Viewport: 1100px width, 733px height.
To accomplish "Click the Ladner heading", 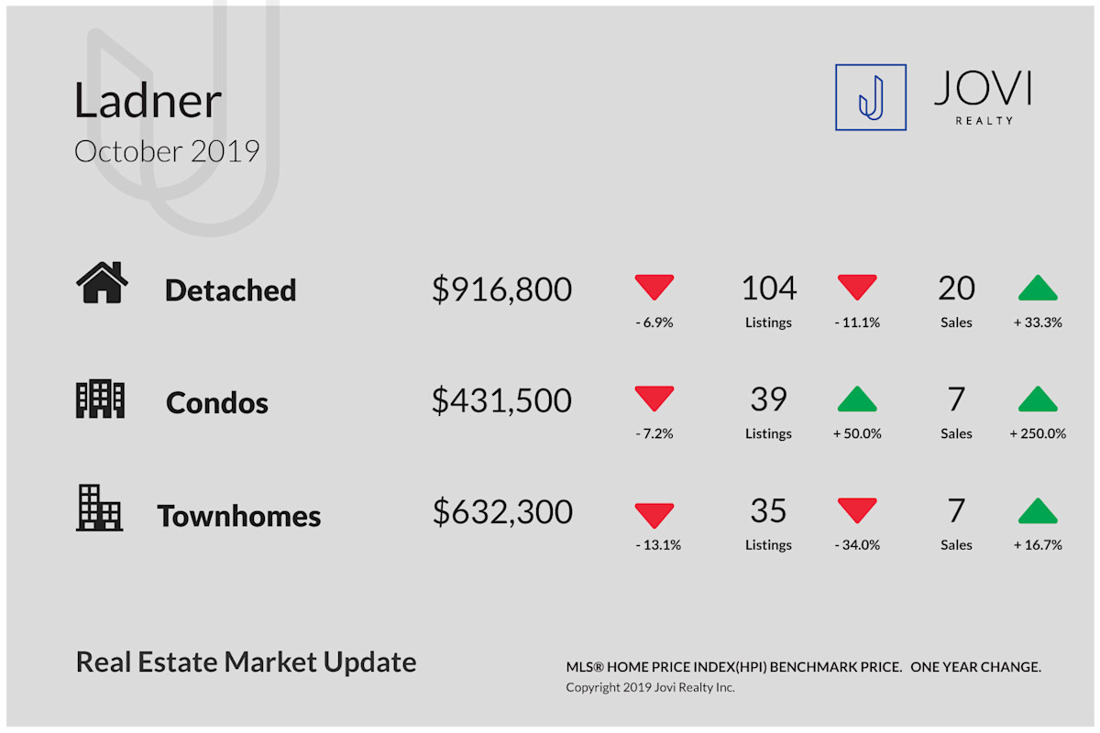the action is click(x=148, y=100).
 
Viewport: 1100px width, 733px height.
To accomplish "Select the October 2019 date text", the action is click(x=167, y=151).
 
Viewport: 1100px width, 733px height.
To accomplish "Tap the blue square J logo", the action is click(x=871, y=97).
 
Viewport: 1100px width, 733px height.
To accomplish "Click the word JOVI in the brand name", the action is click(x=983, y=88).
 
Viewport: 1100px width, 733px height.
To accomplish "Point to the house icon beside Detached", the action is click(x=102, y=282).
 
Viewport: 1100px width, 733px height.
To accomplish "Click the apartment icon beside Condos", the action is click(x=100, y=399).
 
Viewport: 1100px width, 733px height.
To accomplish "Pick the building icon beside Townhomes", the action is click(x=99, y=509).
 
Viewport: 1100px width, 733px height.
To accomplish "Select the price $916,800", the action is click(x=502, y=290).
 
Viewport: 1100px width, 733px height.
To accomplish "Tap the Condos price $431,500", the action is click(x=502, y=400).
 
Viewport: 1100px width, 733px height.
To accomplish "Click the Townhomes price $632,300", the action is click(x=502, y=511).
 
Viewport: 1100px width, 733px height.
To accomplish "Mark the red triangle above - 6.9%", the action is click(x=654, y=287).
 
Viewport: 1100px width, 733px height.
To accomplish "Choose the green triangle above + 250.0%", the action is click(x=1038, y=399).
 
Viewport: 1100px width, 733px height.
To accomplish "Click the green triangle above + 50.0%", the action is click(x=857, y=399).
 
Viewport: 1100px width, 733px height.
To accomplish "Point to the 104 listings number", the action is click(x=768, y=289).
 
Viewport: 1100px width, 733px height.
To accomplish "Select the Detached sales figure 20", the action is click(x=956, y=289).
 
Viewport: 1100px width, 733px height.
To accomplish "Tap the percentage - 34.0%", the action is click(x=857, y=544).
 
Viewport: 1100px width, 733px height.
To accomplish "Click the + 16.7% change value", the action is click(x=1038, y=544).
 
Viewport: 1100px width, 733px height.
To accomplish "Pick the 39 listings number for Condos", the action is click(x=768, y=399).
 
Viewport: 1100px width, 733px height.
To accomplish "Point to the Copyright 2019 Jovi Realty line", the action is click(x=650, y=687).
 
